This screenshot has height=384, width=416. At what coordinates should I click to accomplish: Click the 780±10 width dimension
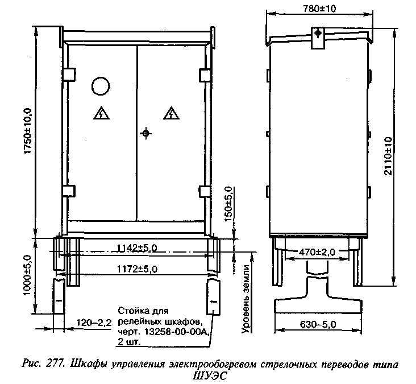pyautogui.click(x=319, y=9)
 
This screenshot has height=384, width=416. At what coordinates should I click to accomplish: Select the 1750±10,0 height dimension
pyautogui.click(x=28, y=131)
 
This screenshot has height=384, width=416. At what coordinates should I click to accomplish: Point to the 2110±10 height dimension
pyautogui.click(x=388, y=156)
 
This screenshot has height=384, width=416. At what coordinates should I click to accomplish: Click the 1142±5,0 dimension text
pyautogui.click(x=137, y=248)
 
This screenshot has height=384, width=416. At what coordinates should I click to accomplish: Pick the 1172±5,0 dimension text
pyautogui.click(x=137, y=269)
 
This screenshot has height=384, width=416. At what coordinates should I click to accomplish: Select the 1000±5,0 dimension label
pyautogui.click(x=28, y=275)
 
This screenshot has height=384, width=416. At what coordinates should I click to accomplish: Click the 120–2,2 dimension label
pyautogui.click(x=94, y=323)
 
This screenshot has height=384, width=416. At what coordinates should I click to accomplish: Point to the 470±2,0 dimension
pyautogui.click(x=317, y=252)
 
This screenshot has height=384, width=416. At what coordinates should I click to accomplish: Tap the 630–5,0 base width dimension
pyautogui.click(x=318, y=324)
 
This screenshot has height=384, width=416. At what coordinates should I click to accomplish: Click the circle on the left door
pyautogui.click(x=101, y=86)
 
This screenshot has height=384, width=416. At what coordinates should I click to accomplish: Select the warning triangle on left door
pyautogui.click(x=101, y=113)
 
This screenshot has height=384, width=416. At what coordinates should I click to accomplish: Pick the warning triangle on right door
pyautogui.click(x=172, y=113)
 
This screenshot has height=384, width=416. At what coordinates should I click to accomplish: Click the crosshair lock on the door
pyautogui.click(x=145, y=133)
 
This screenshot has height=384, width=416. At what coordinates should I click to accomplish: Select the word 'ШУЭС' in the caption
pyautogui.click(x=210, y=376)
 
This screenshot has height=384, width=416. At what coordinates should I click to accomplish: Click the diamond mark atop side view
pyautogui.click(x=318, y=34)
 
